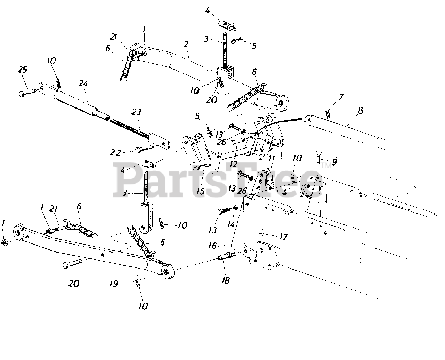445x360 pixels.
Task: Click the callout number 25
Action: click(23, 70)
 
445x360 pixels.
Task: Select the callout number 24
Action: click(83, 84)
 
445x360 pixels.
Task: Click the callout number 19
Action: click(113, 283)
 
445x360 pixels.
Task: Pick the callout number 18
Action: click(226, 280)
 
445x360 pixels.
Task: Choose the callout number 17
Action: click(283, 237)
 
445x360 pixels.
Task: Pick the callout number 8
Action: click(360, 111)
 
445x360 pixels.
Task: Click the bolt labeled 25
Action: click(27, 93)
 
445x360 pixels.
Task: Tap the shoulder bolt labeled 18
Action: click(227, 257)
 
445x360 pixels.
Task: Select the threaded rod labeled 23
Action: click(130, 127)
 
